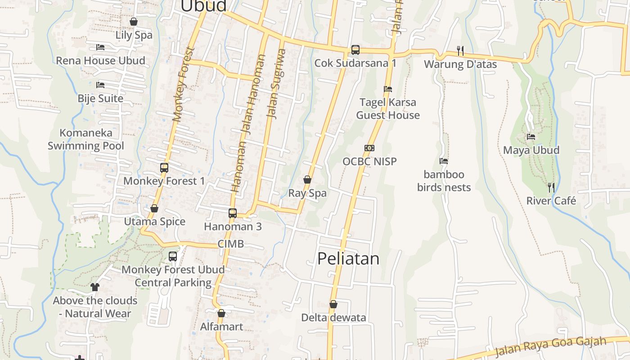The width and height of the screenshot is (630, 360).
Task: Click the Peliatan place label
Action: (348, 259)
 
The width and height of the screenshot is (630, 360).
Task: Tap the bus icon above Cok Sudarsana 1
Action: (355, 49)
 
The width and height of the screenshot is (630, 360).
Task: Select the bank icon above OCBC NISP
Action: (369, 148)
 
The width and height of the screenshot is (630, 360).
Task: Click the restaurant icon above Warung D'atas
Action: (460, 51)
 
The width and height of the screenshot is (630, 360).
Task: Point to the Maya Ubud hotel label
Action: (531, 150)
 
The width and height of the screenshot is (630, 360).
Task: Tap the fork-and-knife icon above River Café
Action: (551, 187)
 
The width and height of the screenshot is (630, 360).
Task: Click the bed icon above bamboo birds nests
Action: (444, 161)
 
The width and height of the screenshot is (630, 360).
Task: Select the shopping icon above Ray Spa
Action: (307, 180)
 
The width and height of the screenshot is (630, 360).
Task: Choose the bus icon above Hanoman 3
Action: (233, 213)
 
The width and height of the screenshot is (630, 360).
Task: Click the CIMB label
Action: (230, 244)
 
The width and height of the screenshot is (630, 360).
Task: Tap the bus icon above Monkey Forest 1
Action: (164, 168)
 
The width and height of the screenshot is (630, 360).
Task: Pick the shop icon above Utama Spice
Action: (154, 208)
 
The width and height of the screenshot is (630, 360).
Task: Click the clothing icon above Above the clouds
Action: (94, 287)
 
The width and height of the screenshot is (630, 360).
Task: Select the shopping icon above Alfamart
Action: (221, 313)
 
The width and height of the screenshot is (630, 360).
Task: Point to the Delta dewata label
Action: (333, 318)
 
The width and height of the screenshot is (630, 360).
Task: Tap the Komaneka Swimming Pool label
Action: (86, 139)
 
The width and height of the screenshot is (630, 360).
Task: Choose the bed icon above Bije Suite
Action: (100, 85)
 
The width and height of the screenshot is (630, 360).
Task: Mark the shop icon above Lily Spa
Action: (134, 22)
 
